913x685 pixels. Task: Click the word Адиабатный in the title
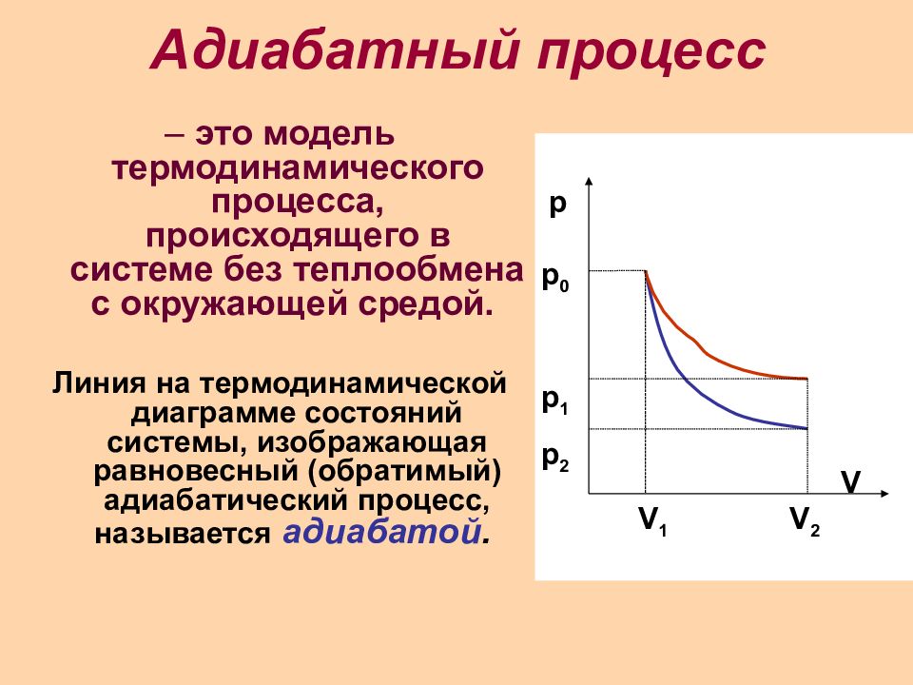pos(336,50)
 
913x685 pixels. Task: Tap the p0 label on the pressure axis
pos(555,279)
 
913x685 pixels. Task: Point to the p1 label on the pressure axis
pos(554,401)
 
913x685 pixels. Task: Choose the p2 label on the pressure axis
pos(555,459)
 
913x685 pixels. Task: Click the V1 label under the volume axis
pos(652,520)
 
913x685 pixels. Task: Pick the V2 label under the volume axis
pos(805,520)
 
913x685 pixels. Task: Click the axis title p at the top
pos(557,205)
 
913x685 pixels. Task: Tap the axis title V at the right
pos(850,481)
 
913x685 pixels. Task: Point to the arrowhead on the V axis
pos(884,494)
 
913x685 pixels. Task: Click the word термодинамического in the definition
pos(298,168)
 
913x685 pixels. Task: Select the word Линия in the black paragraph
pos(98,383)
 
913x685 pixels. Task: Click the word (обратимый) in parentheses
pos(405,472)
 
